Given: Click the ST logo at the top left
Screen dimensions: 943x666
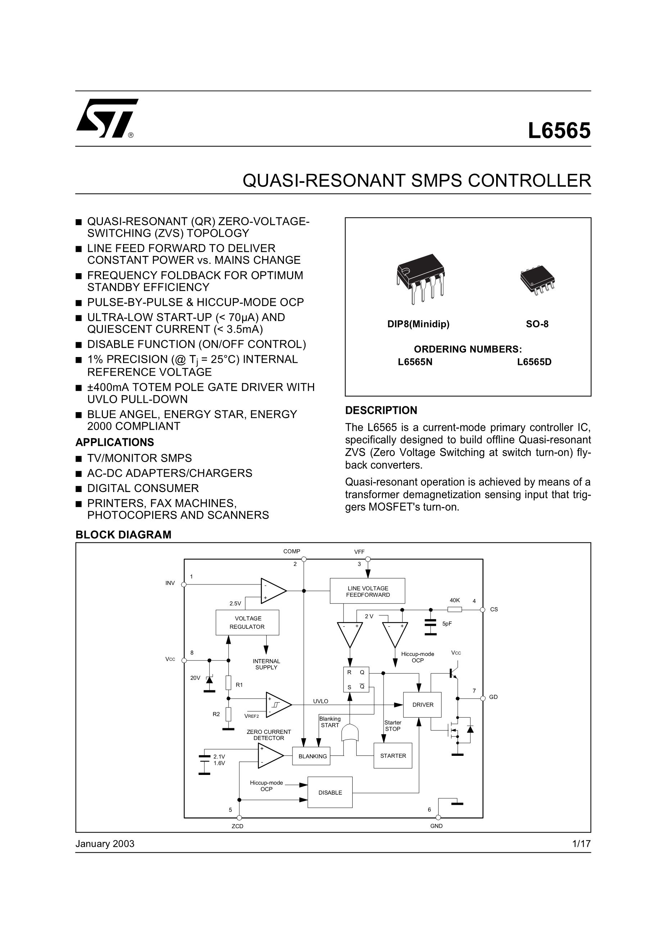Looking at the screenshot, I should click(107, 118).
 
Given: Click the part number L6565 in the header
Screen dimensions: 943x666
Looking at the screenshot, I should click(559, 131).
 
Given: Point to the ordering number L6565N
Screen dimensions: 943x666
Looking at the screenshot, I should click(415, 362).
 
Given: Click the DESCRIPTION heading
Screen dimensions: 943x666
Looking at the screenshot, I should click(381, 410).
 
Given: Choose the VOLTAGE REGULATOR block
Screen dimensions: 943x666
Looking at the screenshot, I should click(247, 622).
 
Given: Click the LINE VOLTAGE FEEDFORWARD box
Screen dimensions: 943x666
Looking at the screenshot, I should click(367, 591).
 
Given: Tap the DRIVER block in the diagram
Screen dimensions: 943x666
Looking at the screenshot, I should click(422, 704).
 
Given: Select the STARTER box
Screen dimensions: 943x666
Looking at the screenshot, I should click(393, 755).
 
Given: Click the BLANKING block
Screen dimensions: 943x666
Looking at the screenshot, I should click(312, 756).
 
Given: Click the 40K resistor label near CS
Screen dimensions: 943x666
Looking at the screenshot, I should click(454, 600).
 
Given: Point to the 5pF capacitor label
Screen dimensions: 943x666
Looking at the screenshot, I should click(447, 623).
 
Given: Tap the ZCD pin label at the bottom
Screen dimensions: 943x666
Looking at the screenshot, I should click(237, 826).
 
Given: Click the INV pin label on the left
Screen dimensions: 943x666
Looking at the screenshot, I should click(170, 583).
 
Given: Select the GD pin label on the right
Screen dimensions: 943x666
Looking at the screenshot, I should click(493, 697).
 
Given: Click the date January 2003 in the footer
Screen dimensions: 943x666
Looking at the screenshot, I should click(105, 844).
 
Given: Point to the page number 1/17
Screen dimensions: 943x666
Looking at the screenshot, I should click(581, 844).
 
